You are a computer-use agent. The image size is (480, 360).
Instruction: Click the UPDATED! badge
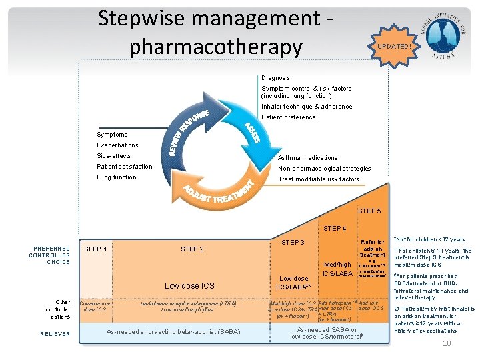coord(395,47)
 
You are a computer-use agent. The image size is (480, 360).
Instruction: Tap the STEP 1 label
coord(96,249)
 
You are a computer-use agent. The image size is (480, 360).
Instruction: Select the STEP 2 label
coord(192,249)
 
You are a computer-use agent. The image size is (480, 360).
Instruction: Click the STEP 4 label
coord(335,229)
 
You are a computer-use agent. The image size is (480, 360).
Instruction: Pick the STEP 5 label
coord(370,211)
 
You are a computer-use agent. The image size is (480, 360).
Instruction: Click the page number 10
coord(447,343)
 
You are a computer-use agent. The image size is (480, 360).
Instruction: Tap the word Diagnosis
coord(276,78)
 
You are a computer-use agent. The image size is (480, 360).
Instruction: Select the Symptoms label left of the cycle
coord(112,135)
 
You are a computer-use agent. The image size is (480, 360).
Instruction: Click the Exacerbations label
coord(117,145)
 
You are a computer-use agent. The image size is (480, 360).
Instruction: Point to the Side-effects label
coord(114,156)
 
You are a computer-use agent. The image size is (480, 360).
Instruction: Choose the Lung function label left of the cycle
coord(116,177)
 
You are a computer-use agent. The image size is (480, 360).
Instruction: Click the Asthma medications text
coord(307,158)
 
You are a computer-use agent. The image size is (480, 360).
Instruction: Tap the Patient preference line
coord(289,117)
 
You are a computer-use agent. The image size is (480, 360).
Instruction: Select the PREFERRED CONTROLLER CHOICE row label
coord(49,255)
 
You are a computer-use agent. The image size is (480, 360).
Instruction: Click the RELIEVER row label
coord(55,334)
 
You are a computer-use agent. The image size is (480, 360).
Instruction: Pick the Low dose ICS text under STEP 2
coord(190,286)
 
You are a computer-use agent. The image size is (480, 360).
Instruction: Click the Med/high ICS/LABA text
coord(337,269)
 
